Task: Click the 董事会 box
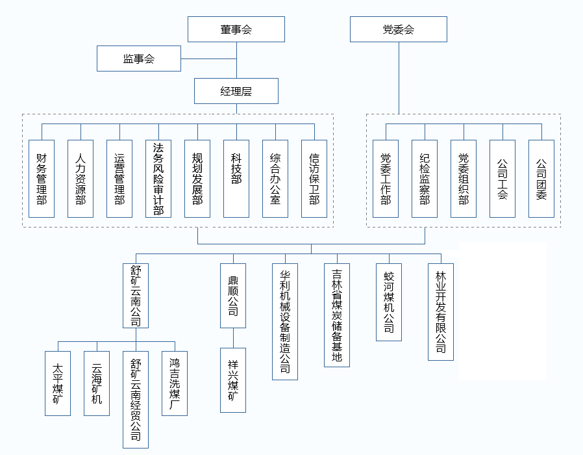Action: [236, 29]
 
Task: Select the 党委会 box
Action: [398, 29]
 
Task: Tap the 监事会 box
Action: [139, 58]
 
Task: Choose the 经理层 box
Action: [236, 91]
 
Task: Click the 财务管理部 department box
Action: [42, 179]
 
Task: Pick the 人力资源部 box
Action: [81, 179]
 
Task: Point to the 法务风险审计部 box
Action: [158, 179]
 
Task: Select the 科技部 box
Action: [236, 179]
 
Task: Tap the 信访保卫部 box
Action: [314, 179]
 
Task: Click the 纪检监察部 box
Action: [425, 179]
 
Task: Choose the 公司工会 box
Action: [502, 179]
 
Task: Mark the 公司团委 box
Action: [541, 179]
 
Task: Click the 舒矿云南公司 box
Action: [136, 295]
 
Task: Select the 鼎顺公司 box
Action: [233, 295]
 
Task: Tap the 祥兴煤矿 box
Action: [233, 380]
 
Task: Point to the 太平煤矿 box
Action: [58, 383]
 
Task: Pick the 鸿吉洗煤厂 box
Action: [175, 383]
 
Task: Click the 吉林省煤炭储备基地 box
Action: [337, 315]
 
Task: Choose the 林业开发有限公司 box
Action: [441, 311]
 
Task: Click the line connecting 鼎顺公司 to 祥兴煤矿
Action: [233, 337]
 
